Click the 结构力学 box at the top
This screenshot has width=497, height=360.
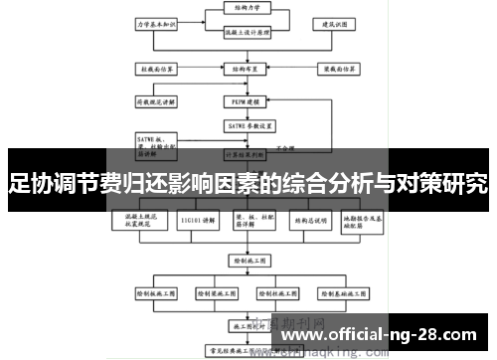coord(241,7)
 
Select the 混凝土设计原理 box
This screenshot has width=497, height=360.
coord(242,32)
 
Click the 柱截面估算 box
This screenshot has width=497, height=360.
coord(157,71)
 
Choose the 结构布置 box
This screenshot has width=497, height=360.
coord(241,71)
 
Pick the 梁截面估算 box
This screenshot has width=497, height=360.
coord(336,71)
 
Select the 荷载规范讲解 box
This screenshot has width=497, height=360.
coord(157,101)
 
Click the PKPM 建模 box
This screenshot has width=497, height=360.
coord(241,101)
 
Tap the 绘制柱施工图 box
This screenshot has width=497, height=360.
coord(279,294)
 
